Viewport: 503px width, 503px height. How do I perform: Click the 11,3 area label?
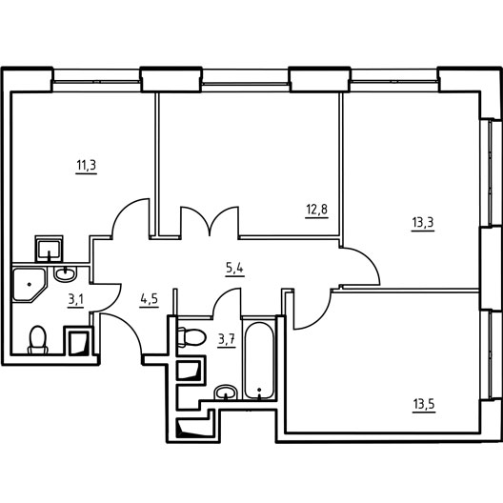coord(87,166)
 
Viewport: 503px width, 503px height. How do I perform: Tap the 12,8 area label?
coord(317,210)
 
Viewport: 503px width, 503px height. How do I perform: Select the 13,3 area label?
coord(422,222)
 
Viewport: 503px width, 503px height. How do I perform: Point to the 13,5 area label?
coord(424,404)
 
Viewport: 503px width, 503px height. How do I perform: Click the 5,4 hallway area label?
coord(234,269)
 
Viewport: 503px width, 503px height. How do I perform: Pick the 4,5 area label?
coord(150,299)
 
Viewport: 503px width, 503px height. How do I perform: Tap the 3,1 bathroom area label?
coord(75,300)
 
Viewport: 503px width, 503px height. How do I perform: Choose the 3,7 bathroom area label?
coord(227,340)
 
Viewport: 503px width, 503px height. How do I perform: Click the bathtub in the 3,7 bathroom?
coord(259,360)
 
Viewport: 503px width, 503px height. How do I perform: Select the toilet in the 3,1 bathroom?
coord(38,340)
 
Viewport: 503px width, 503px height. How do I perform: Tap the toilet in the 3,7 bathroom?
coord(191,337)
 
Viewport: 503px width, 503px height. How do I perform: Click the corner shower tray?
coord(30,285)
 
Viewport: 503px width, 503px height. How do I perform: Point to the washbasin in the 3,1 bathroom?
coord(66,274)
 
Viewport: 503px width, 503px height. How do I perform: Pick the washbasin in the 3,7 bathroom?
coord(226,392)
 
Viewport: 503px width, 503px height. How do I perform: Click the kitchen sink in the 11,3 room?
coord(49,250)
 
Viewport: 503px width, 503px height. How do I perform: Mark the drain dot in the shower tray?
coord(30,284)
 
